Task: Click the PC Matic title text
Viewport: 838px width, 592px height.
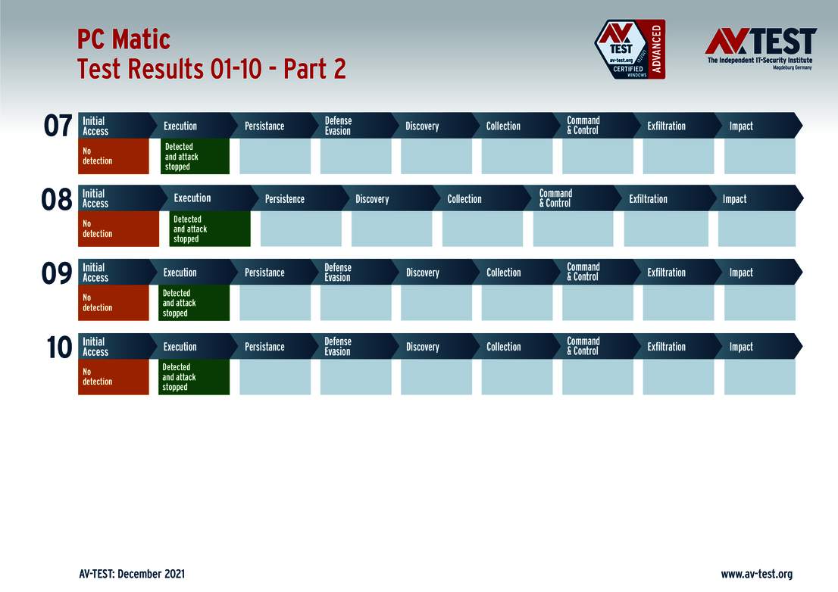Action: point(124,39)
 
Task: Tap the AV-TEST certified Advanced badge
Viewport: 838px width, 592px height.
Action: point(629,49)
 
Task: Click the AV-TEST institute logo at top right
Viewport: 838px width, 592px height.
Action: point(760,48)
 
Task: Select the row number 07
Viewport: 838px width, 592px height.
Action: point(58,126)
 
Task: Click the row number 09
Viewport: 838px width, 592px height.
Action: point(57,273)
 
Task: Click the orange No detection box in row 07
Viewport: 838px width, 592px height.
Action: point(114,156)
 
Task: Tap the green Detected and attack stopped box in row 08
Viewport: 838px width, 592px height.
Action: point(209,229)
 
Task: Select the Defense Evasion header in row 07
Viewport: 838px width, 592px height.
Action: point(338,126)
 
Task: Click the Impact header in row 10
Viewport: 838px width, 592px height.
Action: point(741,347)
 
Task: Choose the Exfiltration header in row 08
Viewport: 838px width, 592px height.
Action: point(648,199)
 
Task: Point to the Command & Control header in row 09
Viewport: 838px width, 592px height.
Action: point(583,273)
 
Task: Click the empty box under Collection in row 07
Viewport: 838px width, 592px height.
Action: point(517,156)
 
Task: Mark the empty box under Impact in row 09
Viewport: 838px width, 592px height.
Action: point(759,303)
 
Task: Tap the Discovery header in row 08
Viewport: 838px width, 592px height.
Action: point(372,199)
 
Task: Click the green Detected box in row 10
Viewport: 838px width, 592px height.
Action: point(194,377)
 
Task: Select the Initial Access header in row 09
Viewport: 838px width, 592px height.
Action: point(95,273)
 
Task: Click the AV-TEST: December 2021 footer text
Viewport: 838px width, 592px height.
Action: point(131,574)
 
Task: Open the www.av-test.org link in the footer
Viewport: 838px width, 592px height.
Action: point(756,574)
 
